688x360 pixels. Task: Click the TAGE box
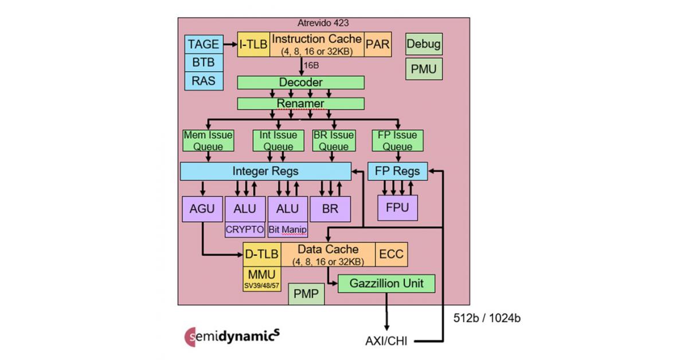[204, 44]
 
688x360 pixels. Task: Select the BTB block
[204, 62]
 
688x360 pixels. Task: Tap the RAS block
[204, 81]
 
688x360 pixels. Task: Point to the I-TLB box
[253, 44]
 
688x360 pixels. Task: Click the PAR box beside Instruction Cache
[378, 44]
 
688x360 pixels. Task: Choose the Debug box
[424, 44]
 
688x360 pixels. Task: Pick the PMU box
[424, 69]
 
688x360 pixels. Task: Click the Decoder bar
[301, 83]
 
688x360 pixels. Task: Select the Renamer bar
[301, 103]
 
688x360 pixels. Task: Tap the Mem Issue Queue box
[208, 141]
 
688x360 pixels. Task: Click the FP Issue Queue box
[397, 141]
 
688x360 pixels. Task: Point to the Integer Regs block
[265, 171]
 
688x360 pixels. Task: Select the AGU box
[202, 209]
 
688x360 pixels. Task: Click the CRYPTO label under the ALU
[245, 230]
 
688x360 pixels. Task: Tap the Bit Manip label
[288, 230]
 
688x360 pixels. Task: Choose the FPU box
[398, 208]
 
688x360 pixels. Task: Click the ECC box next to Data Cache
[392, 255]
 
